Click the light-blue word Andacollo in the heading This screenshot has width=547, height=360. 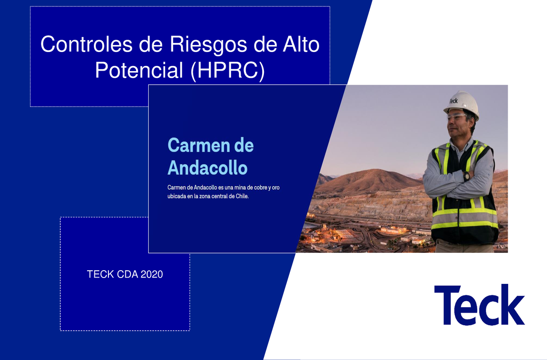click(207, 168)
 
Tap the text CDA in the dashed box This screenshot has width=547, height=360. click(124, 274)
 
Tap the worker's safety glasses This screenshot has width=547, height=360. click(457, 117)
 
